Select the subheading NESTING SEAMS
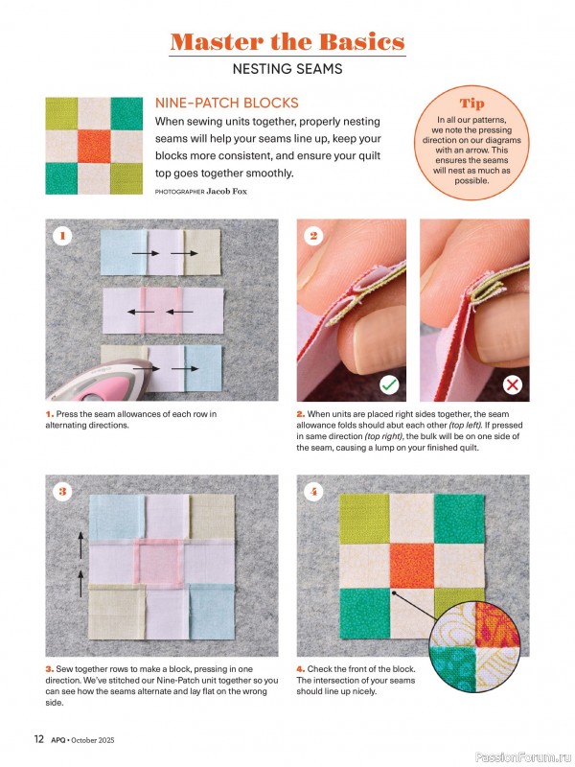coord(287,69)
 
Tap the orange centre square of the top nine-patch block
coord(94,146)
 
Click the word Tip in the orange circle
coord(471,104)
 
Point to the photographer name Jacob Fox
coord(227,191)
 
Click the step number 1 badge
coord(62,236)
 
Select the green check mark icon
coord(390,385)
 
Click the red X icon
coord(513,385)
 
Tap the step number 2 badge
coord(313,236)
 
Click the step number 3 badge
coord(62,491)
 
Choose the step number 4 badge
coord(313,491)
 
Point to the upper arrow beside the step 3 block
coord(80,545)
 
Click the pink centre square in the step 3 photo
coord(159,565)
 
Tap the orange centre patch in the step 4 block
coord(412,566)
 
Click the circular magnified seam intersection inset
coord(474,646)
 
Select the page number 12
coord(39,739)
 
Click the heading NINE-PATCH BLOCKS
coord(227,104)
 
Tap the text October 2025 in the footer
coord(93,740)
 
